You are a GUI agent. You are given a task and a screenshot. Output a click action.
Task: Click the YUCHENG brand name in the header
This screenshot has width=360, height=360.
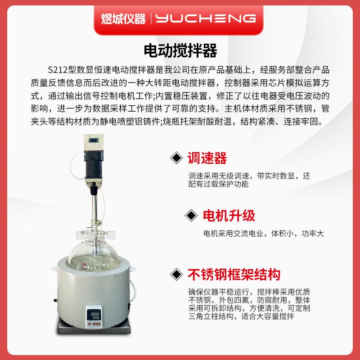pos(206,18)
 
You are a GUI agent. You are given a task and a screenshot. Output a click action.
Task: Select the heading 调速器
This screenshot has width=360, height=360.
pos(207,158)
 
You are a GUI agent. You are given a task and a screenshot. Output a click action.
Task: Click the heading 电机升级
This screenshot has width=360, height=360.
pos(229,216)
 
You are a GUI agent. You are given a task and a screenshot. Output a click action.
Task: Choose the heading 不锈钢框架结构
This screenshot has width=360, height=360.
pos(234,274)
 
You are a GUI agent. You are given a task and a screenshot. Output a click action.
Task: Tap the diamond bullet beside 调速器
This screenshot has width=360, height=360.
pos(175,158)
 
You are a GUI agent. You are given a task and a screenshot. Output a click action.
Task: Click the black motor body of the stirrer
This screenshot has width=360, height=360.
pos(95,162)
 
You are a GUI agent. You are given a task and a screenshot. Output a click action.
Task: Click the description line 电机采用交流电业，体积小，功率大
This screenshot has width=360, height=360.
pos(263,234)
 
